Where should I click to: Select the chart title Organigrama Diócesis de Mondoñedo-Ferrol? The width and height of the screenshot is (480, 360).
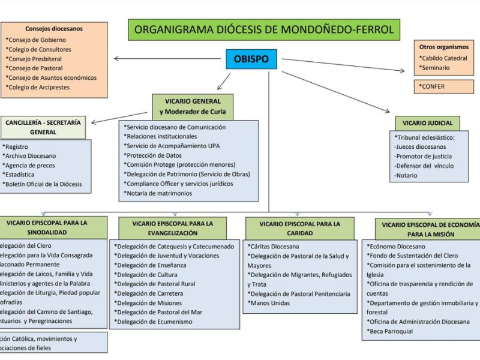pos(264,29)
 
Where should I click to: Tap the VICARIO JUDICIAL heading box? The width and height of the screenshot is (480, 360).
pos(427,123)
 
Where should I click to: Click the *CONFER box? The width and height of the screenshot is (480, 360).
pos(443,86)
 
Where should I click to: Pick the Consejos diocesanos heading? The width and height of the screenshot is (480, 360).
pos(54,29)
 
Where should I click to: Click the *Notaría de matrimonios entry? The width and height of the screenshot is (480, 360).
pos(158,193)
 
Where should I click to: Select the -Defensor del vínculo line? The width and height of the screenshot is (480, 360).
pos(424,166)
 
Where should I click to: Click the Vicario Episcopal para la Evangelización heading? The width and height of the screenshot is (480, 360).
pos(173,228)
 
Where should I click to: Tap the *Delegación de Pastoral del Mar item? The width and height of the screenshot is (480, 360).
pos(159,312)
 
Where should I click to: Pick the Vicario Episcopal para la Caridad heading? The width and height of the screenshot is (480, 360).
pos(299,228)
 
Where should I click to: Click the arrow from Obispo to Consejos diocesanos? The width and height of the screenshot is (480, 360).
pos(168,58)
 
